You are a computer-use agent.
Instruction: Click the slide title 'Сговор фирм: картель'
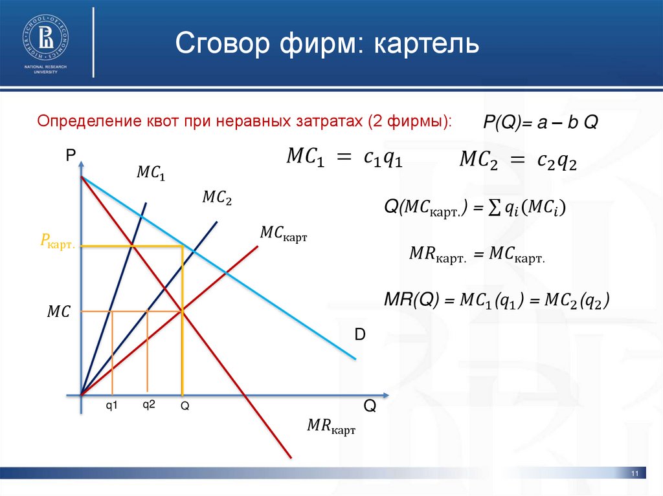point(328,43)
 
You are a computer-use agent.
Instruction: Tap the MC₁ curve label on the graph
point(151,173)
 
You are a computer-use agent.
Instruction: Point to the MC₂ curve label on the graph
point(217,197)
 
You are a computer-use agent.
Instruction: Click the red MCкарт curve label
point(282,233)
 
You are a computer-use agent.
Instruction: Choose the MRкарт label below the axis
point(331,427)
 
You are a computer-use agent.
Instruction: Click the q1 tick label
point(112,406)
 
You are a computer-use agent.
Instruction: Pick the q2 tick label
point(149,405)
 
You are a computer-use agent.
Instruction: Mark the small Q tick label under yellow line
point(185,406)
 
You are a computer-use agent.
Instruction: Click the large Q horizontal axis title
point(369,406)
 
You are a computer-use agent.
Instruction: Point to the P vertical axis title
point(71,155)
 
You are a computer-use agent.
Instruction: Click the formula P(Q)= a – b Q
point(541,123)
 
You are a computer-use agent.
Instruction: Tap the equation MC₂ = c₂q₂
point(518,160)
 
